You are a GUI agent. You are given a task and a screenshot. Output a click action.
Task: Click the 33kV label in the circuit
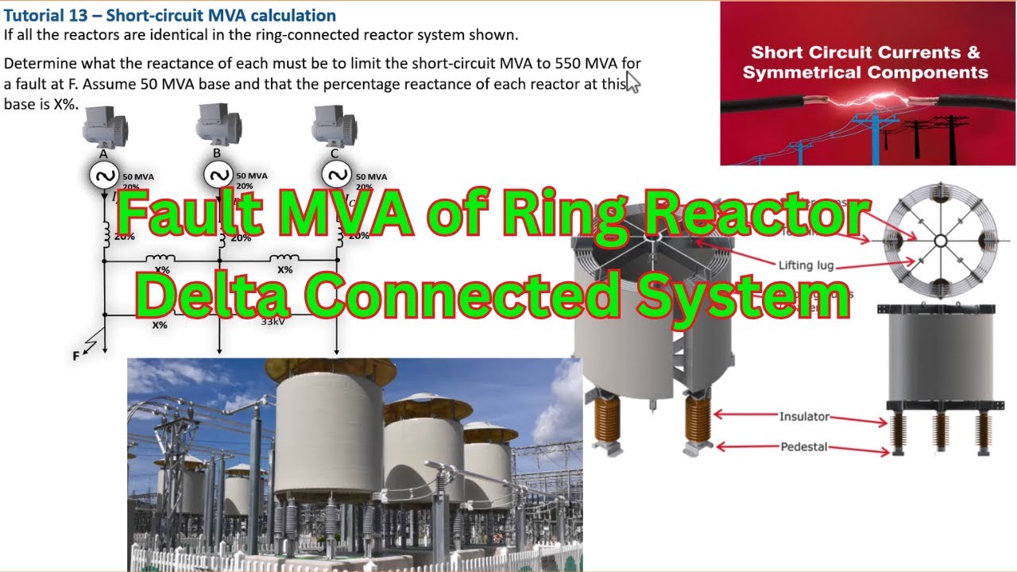[x=275, y=321]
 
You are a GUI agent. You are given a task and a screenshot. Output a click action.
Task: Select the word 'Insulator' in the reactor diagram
[x=804, y=416]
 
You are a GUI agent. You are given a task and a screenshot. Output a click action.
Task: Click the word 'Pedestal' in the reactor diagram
[x=804, y=446]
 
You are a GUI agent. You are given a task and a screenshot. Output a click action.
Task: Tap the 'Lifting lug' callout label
[x=806, y=265]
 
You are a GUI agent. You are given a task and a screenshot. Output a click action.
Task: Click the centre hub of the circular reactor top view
[x=940, y=240]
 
